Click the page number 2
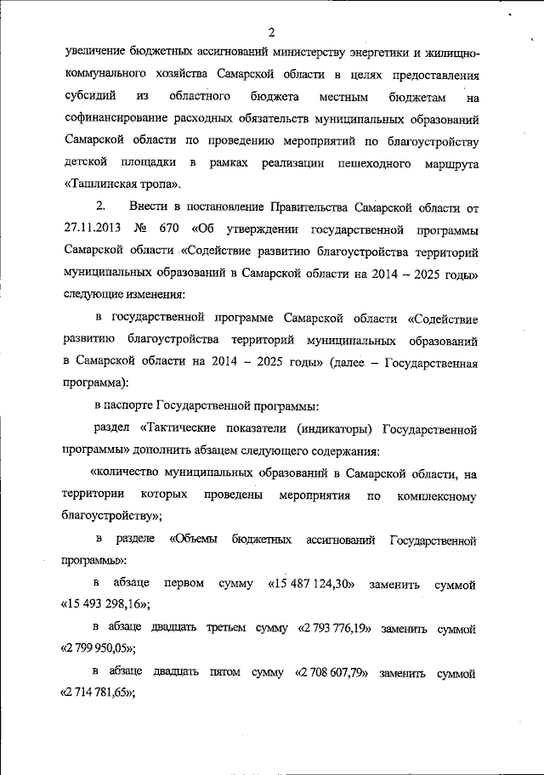click(x=271, y=33)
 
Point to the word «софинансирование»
click(x=116, y=117)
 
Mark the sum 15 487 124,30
click(x=311, y=585)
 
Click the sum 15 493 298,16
click(x=106, y=605)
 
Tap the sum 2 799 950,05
click(x=99, y=649)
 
